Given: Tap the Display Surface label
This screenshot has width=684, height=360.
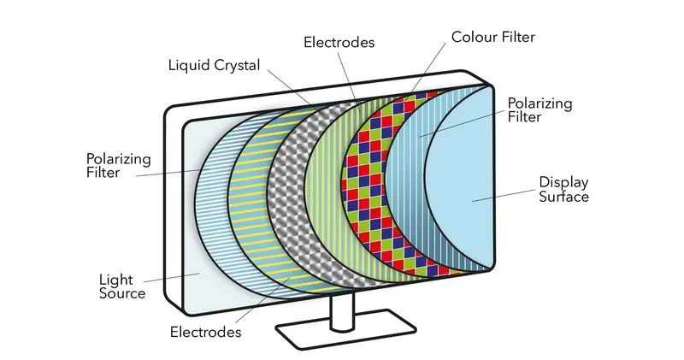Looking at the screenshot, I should tap(563, 189).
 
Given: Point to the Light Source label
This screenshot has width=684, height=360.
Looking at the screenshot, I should tap(121, 286).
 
